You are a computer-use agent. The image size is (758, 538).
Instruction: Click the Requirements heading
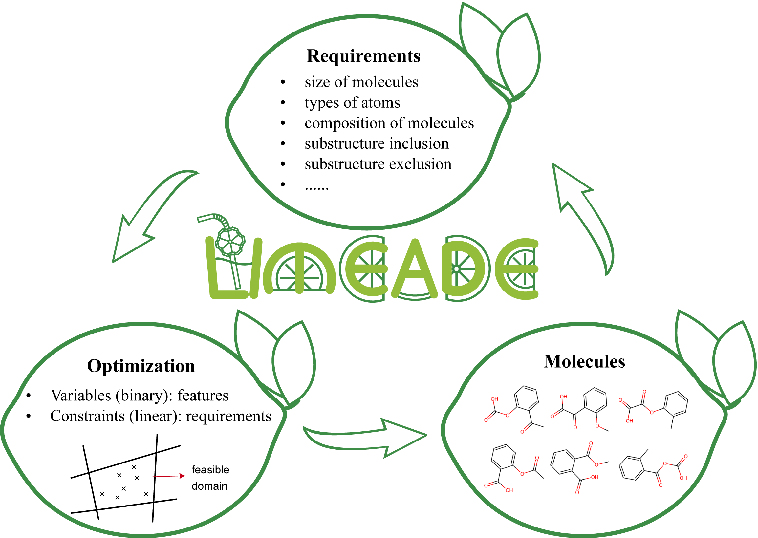363,56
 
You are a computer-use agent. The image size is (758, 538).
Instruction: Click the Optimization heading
141,366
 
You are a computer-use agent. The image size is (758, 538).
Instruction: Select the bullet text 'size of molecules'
361,82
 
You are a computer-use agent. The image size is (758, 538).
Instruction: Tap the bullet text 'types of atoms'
352,103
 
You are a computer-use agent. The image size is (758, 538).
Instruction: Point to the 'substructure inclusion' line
377,144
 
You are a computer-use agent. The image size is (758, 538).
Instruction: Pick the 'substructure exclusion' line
378,164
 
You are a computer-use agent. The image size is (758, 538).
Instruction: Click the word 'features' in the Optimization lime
203,396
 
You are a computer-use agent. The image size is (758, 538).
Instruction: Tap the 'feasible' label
210,470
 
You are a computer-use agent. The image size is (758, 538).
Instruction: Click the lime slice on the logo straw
230,241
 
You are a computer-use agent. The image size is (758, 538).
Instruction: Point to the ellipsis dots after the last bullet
317,188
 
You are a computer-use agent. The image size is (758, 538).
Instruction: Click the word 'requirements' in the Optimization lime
228,416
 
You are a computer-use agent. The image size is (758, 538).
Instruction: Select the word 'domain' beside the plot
209,486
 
